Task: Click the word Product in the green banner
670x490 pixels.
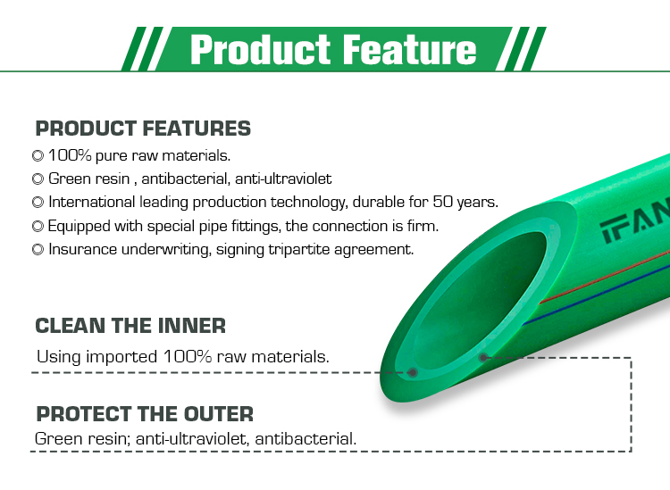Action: point(260,49)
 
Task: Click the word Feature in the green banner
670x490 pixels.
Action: point(410,49)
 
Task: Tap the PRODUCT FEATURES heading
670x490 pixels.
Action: point(143,129)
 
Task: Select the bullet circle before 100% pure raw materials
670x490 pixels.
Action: point(38,156)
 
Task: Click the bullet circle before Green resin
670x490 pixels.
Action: point(38,179)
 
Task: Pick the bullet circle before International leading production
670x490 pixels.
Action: point(38,203)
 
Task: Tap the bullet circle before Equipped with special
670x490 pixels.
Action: point(38,226)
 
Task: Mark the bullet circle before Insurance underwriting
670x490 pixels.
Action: point(38,249)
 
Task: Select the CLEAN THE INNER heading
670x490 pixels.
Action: point(130,326)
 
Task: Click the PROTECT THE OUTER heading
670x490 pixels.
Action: point(145,414)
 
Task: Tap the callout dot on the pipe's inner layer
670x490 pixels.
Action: point(413,372)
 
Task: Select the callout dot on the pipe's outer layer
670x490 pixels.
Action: point(482,358)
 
